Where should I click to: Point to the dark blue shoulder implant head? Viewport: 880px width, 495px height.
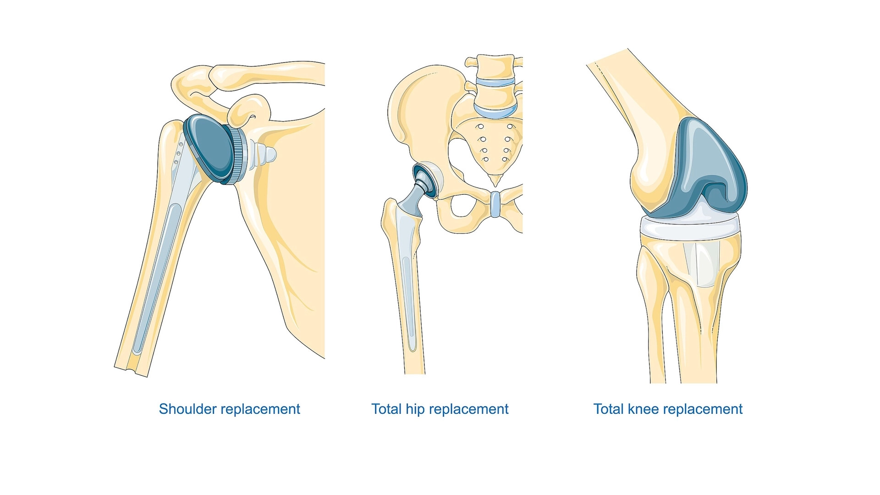[209, 148]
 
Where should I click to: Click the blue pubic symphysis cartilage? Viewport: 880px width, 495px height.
[495, 204]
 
